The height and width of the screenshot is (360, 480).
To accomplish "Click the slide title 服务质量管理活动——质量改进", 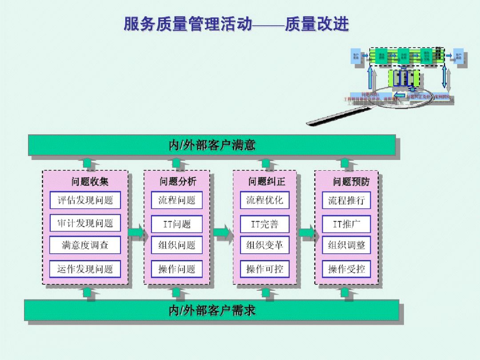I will [236, 24].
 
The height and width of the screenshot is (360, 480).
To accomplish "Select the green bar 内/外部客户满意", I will [212, 145].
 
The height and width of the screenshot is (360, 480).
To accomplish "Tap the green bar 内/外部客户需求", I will [212, 310].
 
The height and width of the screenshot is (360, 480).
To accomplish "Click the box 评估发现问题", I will [85, 200].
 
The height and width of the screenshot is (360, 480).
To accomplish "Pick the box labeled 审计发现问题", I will [85, 223].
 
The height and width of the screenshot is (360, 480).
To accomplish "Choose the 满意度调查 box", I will [85, 245].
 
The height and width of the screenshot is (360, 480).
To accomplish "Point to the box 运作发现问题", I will [85, 269].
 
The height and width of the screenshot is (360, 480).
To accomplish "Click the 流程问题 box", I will [177, 200].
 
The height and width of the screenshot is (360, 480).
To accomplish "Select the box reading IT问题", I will [177, 224].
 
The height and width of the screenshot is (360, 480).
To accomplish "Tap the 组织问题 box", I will [177, 245].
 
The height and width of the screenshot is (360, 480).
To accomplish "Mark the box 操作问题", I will [177, 269].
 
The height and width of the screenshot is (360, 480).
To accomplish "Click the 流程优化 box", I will [265, 200].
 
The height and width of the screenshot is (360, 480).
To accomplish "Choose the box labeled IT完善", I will [265, 224].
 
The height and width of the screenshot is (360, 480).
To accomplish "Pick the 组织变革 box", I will [265, 245].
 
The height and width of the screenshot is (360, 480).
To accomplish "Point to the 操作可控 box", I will [265, 269].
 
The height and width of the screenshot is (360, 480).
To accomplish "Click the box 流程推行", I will [346, 200].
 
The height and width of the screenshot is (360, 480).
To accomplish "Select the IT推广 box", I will [346, 224].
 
